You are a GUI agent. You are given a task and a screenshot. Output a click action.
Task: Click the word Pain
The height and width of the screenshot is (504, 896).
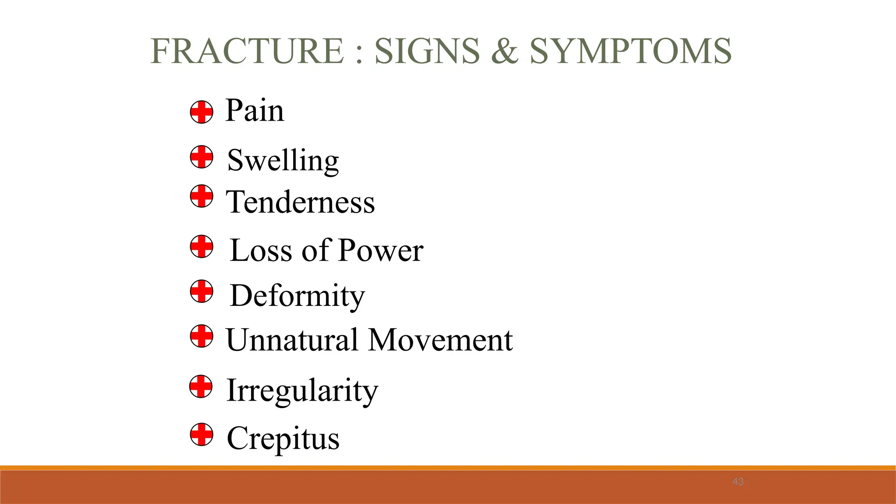[x=255, y=110]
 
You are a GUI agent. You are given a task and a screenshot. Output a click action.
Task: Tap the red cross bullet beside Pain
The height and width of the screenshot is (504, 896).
[x=202, y=112]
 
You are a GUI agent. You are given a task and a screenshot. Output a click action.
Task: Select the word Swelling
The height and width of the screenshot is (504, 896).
[x=283, y=161]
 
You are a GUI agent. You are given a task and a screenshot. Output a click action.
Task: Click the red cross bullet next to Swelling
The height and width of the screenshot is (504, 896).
[x=202, y=157]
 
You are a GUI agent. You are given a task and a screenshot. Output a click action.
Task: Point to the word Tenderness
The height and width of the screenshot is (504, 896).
[x=301, y=202]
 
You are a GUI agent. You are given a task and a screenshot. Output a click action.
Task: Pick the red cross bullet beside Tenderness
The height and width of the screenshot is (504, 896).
[x=202, y=196]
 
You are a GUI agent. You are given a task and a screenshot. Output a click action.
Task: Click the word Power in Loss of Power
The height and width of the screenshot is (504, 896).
[x=381, y=250]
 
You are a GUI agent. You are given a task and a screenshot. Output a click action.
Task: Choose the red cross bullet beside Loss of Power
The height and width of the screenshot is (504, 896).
[x=202, y=246]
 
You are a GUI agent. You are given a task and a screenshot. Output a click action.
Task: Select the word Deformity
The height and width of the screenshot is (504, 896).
[x=297, y=296]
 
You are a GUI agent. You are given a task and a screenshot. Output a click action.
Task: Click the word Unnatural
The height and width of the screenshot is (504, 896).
[x=292, y=340]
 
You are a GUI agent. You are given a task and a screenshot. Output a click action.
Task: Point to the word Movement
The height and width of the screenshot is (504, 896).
[x=440, y=340]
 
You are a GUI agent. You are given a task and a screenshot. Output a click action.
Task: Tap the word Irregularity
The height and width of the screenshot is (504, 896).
[x=302, y=390]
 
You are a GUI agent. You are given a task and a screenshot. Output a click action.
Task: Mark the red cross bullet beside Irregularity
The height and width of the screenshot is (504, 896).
[x=201, y=386]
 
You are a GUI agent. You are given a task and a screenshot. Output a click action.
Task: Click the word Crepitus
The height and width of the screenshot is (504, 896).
[x=283, y=438]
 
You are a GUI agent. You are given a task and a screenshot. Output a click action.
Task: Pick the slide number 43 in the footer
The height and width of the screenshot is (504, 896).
[x=738, y=482]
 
